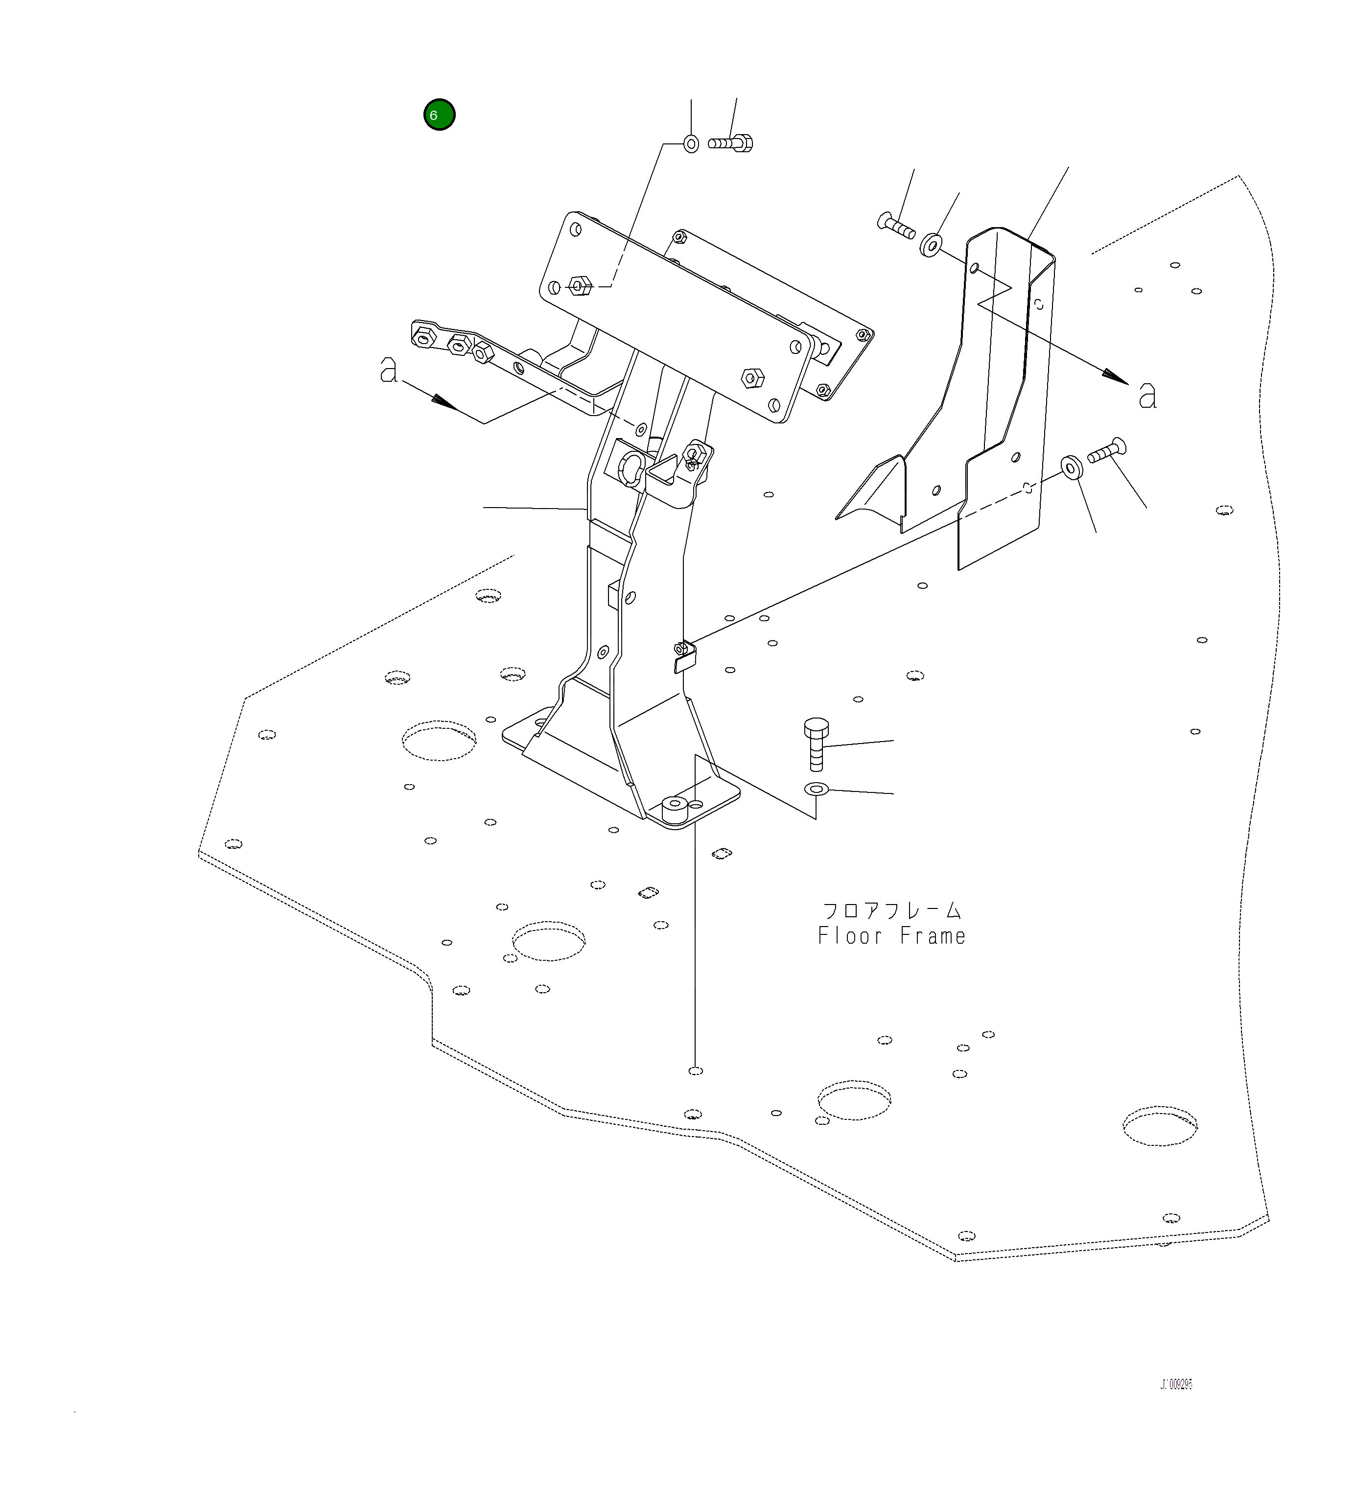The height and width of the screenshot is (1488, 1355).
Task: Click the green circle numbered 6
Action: click(x=439, y=115)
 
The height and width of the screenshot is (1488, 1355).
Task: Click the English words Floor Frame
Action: click(x=891, y=937)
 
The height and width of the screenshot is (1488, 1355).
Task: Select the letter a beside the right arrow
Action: click(x=1147, y=396)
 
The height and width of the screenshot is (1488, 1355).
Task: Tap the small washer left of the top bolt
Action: click(x=691, y=143)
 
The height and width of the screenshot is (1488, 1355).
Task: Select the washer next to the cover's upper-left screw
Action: click(x=932, y=244)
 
